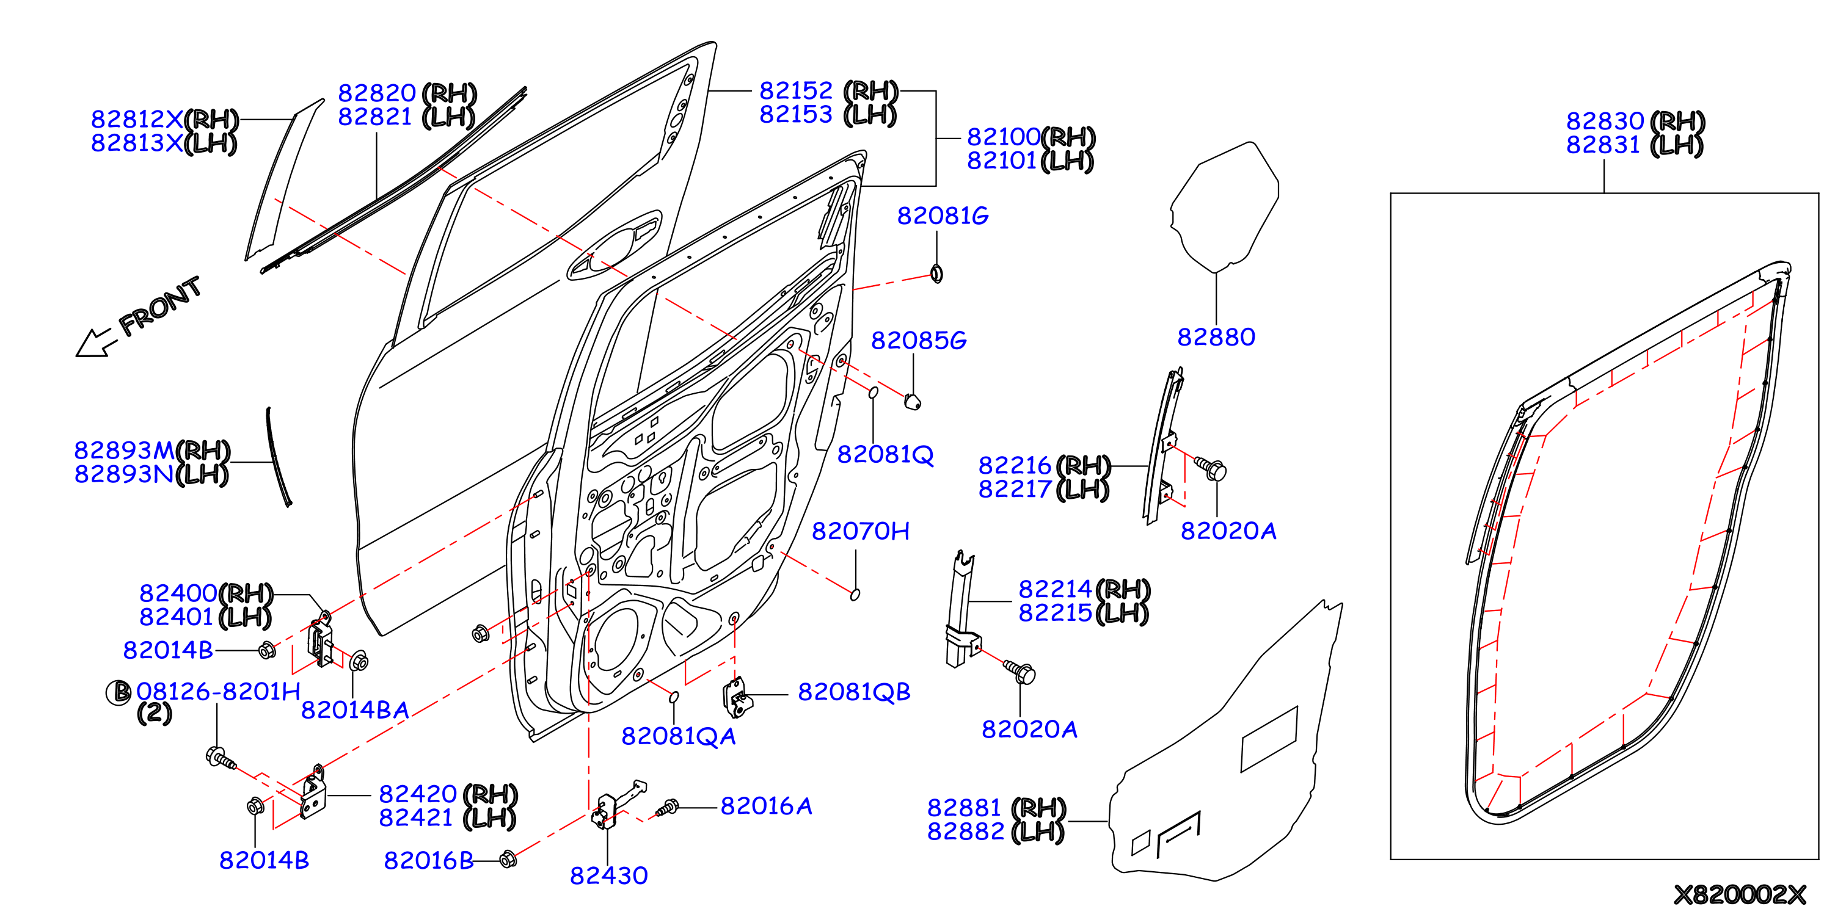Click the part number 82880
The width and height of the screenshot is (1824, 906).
click(x=1216, y=337)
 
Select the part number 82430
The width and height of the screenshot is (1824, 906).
click(x=609, y=875)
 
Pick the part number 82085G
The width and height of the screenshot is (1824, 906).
click(x=918, y=341)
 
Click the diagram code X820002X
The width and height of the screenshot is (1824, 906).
click(x=1740, y=894)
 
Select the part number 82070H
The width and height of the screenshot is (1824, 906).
click(x=860, y=531)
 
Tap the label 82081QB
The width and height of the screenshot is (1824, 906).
click(x=854, y=692)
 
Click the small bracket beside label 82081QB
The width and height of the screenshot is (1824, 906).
click(x=737, y=697)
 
